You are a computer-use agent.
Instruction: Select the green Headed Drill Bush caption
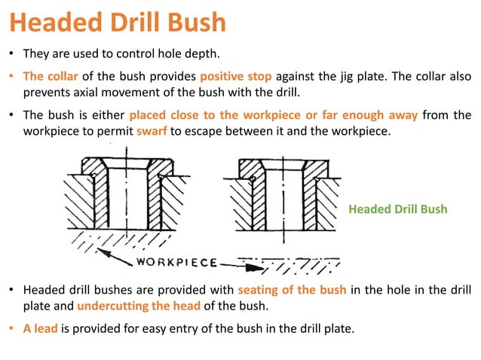pos(398,209)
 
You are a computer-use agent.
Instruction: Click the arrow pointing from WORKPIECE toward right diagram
pos(241,264)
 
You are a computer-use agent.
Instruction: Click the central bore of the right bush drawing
pos(283,200)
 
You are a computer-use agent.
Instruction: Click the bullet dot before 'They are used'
pos(12,55)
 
